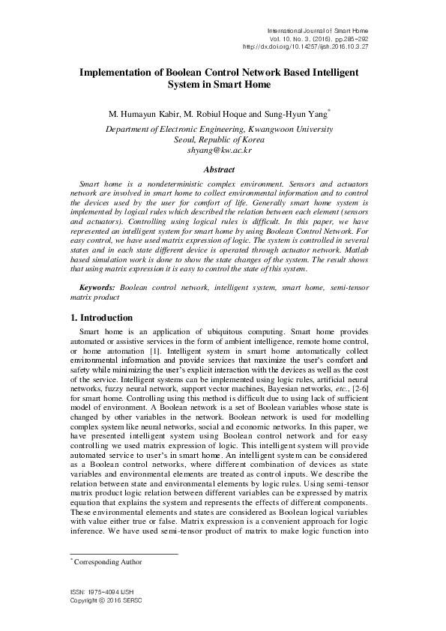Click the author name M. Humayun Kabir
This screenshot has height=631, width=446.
tap(145, 115)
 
